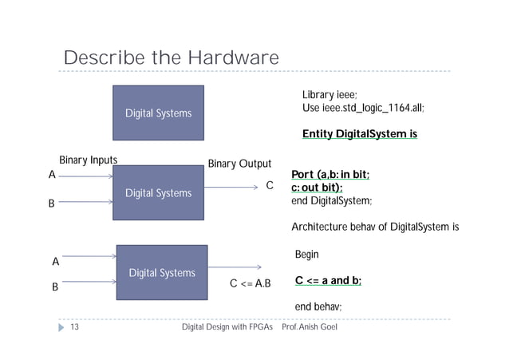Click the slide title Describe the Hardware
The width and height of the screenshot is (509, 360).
(171, 59)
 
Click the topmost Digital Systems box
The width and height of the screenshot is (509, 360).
(158, 113)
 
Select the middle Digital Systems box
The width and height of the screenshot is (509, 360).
(158, 193)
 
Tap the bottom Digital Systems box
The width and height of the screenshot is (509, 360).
(162, 272)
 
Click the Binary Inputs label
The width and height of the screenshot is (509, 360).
(89, 160)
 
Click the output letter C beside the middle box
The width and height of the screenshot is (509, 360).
(270, 186)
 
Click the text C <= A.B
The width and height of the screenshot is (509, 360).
(251, 283)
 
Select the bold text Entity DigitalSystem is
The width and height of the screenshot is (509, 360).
(360, 134)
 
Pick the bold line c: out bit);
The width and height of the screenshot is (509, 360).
(317, 188)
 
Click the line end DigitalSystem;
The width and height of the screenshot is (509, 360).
(332, 200)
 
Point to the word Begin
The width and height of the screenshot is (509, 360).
(307, 255)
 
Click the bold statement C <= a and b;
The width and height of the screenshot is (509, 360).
(329, 280)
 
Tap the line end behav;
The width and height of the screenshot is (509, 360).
(318, 307)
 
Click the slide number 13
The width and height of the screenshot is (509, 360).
(75, 328)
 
